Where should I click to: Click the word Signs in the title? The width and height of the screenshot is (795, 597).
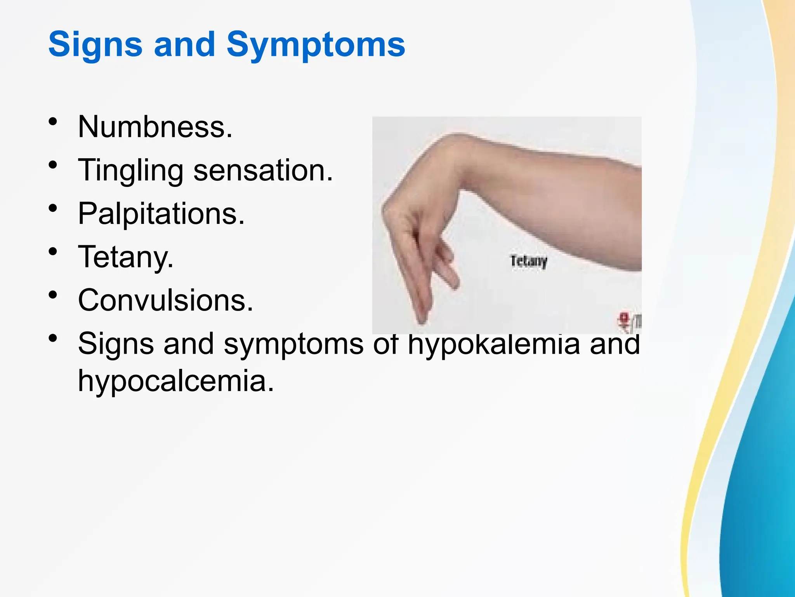[x=95, y=45]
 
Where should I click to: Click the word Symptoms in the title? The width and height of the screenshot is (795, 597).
[x=316, y=45]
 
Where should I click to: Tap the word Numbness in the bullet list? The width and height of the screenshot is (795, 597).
[x=155, y=127]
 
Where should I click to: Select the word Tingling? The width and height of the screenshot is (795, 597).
[x=130, y=170]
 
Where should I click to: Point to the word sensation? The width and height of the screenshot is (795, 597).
[x=263, y=170]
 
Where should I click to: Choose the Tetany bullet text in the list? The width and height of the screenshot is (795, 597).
[x=125, y=257]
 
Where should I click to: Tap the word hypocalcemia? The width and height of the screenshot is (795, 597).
[x=176, y=381]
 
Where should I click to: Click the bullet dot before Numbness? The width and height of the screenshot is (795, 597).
[x=53, y=122]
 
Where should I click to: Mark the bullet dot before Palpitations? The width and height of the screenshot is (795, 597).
[x=53, y=209]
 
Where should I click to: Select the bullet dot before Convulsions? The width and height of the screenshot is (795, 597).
[x=53, y=295]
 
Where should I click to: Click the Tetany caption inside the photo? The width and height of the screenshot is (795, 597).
[x=528, y=261]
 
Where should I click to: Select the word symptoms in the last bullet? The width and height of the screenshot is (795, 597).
[x=293, y=344]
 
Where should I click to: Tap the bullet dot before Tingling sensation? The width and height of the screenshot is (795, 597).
[x=53, y=165]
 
